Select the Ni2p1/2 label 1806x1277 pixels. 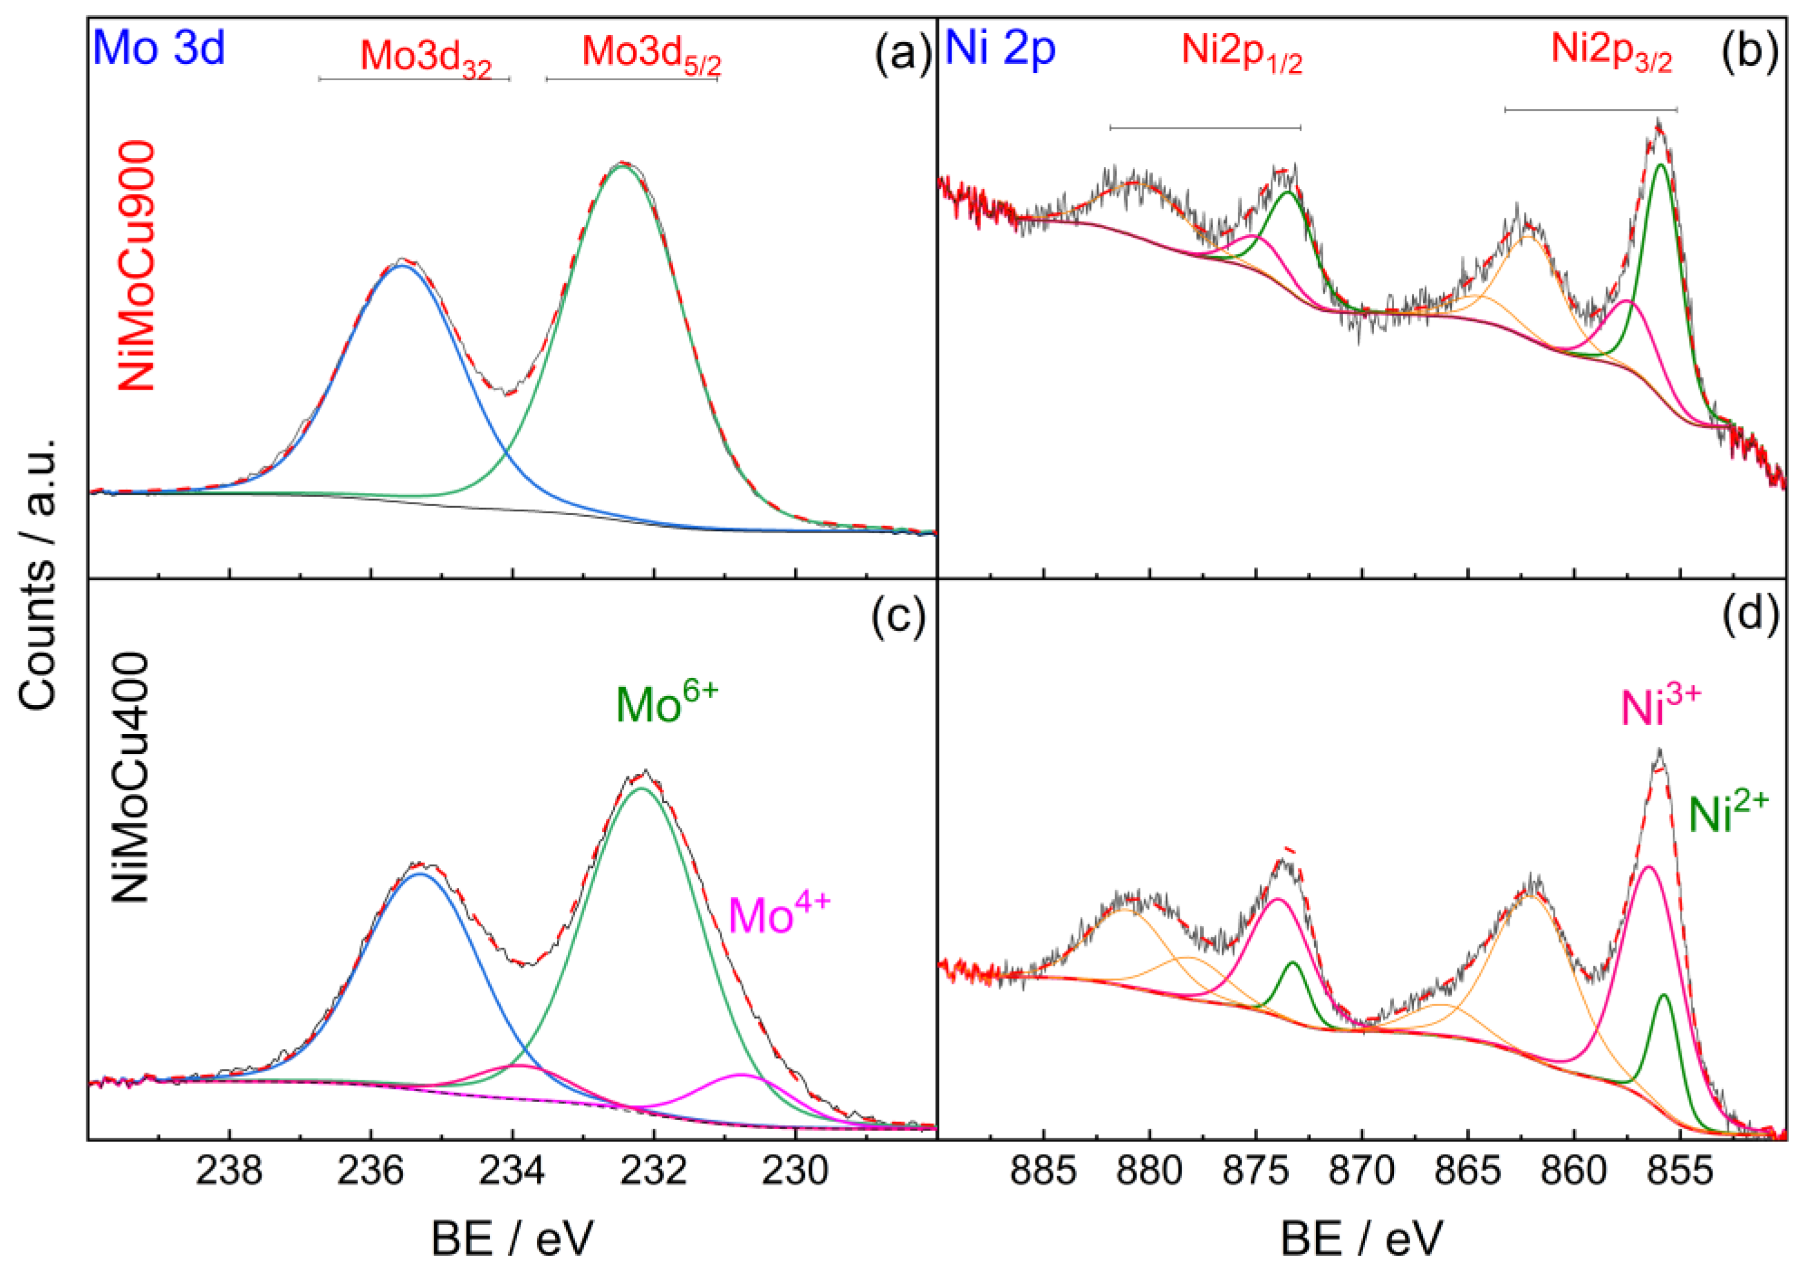(1241, 54)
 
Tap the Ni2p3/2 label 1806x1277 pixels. (1611, 52)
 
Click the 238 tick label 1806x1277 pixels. (229, 1171)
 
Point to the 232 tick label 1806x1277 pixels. (653, 1171)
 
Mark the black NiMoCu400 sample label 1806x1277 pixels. (130, 777)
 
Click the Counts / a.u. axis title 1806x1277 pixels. (38, 574)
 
